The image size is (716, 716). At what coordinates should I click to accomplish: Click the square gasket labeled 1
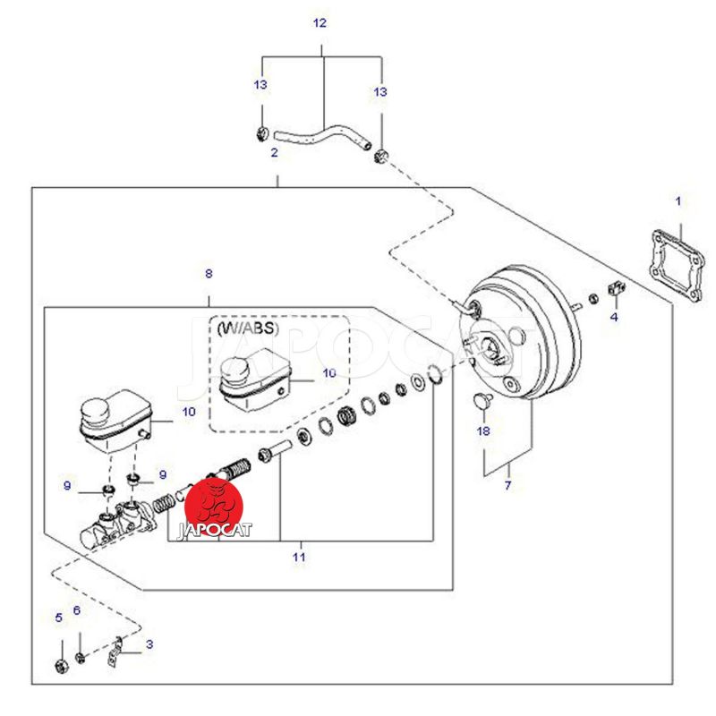(x=675, y=265)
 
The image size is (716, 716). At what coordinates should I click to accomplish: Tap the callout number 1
(x=678, y=201)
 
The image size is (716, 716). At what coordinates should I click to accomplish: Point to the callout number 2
(x=275, y=153)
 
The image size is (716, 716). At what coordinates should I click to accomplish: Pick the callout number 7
(x=507, y=486)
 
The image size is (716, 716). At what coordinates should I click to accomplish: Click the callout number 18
(x=484, y=431)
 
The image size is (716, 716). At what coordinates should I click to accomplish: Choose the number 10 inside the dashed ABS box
(x=329, y=373)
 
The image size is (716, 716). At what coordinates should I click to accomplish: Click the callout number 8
(x=209, y=273)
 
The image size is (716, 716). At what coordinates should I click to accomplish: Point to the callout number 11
(x=299, y=557)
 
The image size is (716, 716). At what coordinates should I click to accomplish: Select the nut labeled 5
(x=62, y=665)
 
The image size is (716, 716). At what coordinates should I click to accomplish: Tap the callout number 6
(x=77, y=610)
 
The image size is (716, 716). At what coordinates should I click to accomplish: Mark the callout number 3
(x=149, y=644)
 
